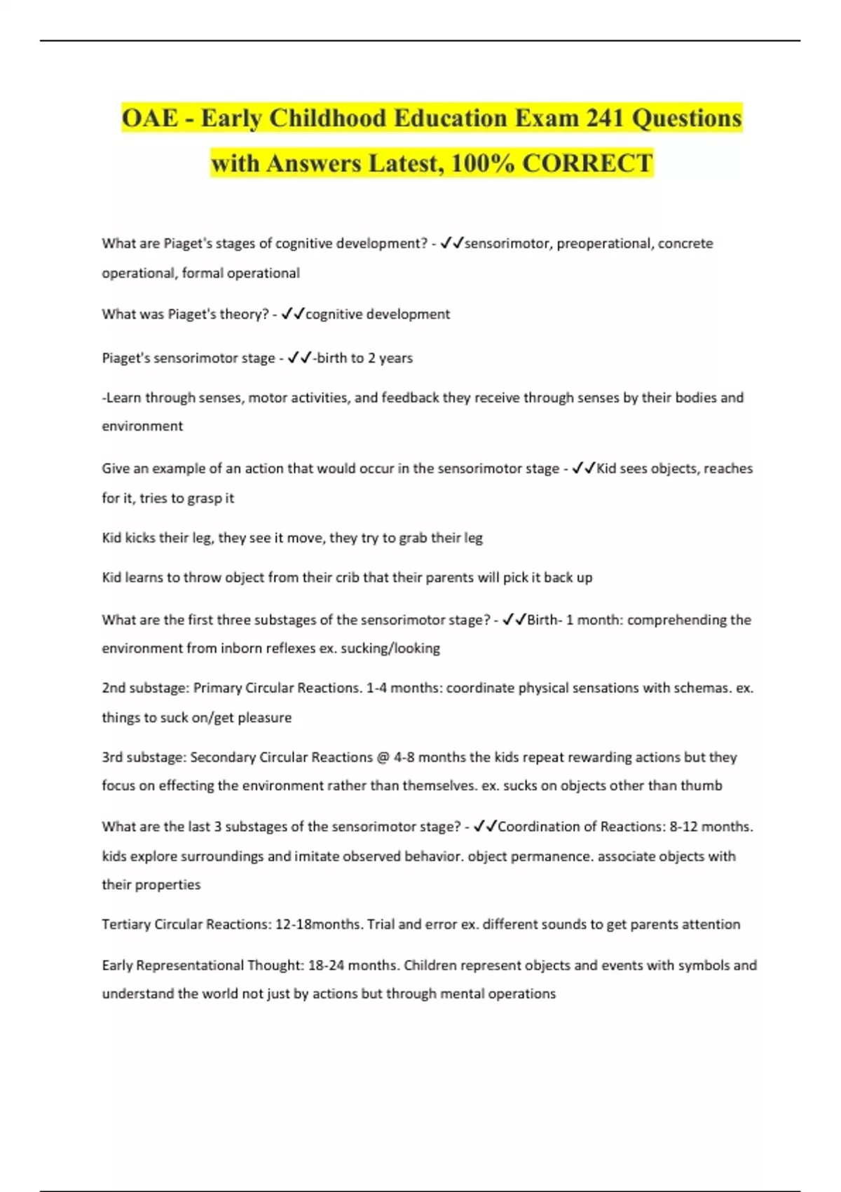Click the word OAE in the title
pyautogui.click(x=150, y=118)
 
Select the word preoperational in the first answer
pyautogui.click(x=603, y=243)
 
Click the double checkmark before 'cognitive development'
pyautogui.click(x=293, y=314)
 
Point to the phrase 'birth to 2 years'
pyautogui.click(x=364, y=358)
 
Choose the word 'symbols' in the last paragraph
pyautogui.click(x=685, y=966)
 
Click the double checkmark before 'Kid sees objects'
pyautogui.click(x=584, y=468)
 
